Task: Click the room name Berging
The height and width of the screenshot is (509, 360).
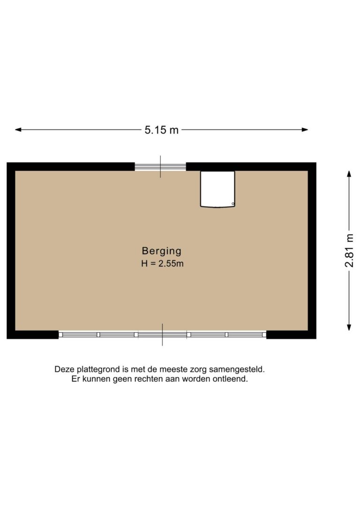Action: click(162, 251)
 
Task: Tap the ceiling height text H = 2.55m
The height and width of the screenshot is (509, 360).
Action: click(162, 264)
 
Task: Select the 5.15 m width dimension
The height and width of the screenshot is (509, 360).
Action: click(162, 130)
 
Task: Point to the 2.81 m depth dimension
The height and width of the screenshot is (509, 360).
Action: click(350, 250)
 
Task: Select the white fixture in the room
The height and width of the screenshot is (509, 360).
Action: click(217, 189)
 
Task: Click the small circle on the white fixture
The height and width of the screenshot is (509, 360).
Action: click(233, 204)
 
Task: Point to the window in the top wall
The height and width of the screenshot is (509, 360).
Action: click(160, 166)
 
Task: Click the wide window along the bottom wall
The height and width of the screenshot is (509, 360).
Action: click(162, 335)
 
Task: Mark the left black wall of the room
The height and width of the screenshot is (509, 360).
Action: click(11, 250)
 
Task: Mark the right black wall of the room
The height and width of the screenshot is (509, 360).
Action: click(312, 250)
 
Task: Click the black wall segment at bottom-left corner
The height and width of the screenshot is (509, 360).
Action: click(33, 335)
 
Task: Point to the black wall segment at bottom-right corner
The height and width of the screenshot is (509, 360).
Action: click(291, 335)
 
